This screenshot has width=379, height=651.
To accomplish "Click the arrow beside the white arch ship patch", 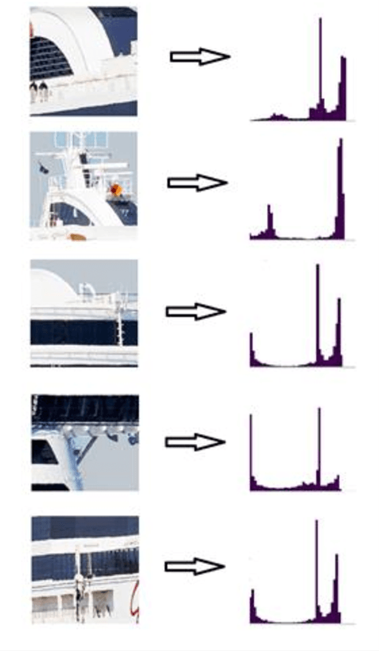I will click(x=200, y=57).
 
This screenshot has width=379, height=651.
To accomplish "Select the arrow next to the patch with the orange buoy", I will click(x=197, y=183).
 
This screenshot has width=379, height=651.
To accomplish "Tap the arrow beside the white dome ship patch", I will click(x=196, y=312).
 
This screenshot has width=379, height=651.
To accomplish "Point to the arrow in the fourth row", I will click(x=195, y=442).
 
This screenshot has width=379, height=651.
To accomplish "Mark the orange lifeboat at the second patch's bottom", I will click(x=76, y=237).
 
